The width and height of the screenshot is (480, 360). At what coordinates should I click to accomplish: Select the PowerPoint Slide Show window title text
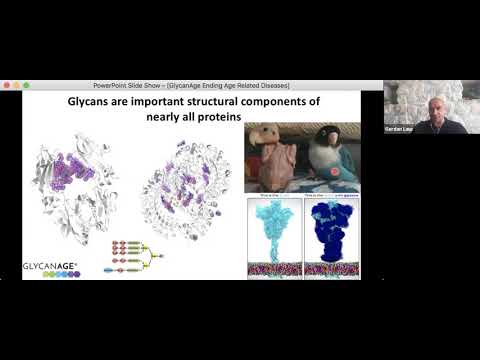(190, 85)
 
